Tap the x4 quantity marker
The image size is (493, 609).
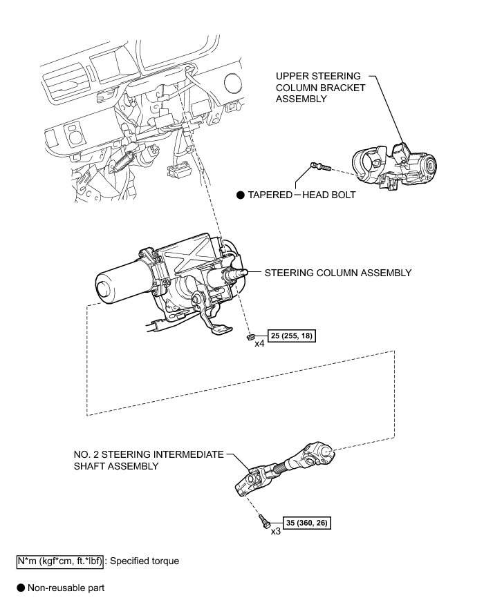pos(260,343)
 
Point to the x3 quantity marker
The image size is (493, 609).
pos(275,531)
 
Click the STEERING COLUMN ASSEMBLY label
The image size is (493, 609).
pos(337,273)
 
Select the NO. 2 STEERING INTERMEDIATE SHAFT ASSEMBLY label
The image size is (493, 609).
pos(149,460)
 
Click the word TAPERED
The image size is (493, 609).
pos(270,195)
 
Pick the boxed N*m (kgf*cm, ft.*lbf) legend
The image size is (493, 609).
pos(59,561)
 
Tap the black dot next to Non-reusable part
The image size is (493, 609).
pos(21,588)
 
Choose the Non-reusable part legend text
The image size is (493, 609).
pos(66,588)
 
